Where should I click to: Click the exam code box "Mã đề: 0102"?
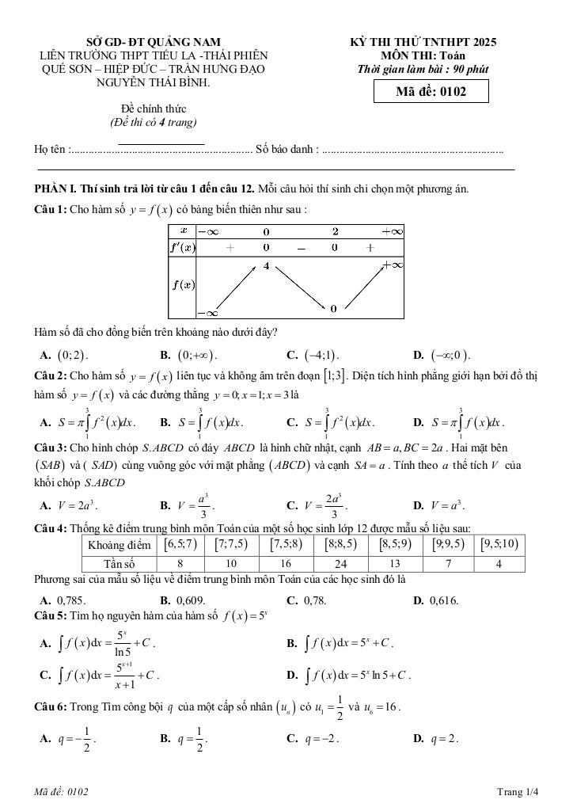pos(431,92)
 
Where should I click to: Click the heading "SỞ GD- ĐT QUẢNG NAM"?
pos(154,42)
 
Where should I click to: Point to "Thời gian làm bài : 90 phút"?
pos(423,69)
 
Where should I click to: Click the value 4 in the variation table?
pos(267,266)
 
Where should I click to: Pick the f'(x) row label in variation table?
pos(183,247)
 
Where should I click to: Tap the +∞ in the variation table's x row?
pos(392,231)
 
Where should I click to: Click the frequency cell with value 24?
pos(340,563)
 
